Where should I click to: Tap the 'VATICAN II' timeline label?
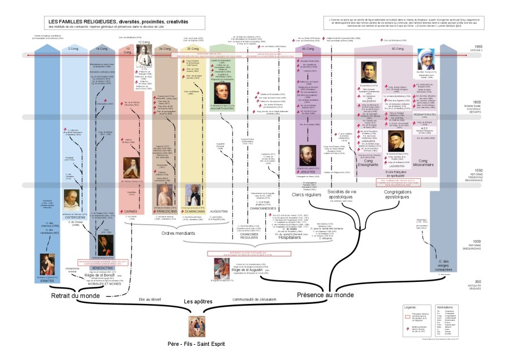[x=491, y=50]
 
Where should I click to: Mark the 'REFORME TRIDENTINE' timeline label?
[x=490, y=174]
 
